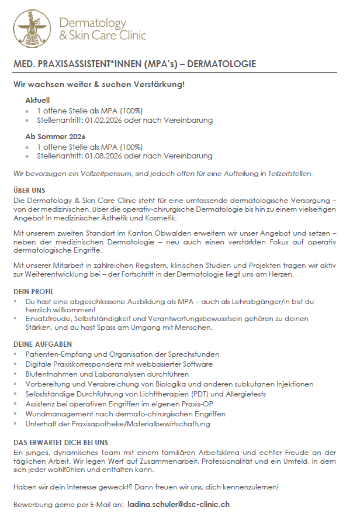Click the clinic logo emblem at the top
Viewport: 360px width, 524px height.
31,28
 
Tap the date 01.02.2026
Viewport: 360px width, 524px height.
104,120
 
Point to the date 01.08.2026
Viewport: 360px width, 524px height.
104,156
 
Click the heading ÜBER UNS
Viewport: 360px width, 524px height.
29,191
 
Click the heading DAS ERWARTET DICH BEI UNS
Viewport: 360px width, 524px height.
61,443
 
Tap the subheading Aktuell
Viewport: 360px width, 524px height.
37,100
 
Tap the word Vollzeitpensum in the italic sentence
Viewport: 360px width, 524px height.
103,174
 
